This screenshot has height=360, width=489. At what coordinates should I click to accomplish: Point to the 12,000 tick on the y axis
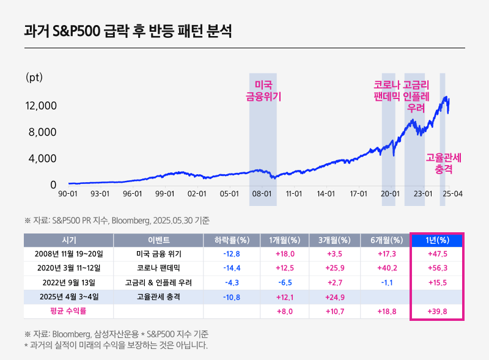(41, 106)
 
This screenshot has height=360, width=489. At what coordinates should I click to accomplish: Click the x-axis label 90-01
(67, 194)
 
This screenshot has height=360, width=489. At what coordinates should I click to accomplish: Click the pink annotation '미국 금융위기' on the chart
(263, 90)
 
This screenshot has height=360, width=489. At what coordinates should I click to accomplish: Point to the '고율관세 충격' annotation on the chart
(443, 162)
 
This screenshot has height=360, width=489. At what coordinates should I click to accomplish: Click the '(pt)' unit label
(34, 78)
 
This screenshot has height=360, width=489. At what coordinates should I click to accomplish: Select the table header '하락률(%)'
(231, 240)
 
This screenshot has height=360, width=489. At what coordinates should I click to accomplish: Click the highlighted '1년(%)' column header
(436, 240)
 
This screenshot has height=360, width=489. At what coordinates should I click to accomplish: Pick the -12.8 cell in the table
(231, 254)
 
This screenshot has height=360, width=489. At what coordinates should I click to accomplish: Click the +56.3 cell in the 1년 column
(436, 268)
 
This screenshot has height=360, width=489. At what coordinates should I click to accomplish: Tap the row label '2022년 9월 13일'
(68, 282)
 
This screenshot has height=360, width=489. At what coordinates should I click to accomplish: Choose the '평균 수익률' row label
(68, 311)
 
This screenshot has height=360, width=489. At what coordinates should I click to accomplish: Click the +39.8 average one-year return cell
(436, 311)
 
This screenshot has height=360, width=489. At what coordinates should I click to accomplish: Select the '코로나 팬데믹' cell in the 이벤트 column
(158, 268)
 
